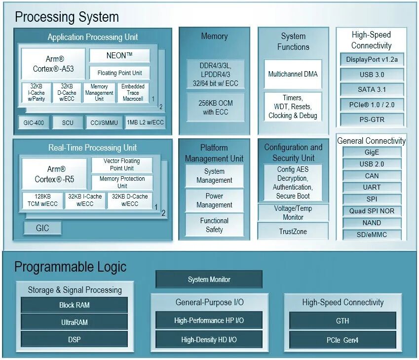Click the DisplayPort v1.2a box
click(372, 60)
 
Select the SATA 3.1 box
click(372, 89)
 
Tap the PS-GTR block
click(372, 119)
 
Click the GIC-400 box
click(34, 122)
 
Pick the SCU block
click(68, 122)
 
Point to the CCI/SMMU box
click(104, 122)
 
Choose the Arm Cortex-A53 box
click(53, 64)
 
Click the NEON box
click(119, 55)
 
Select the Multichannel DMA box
click(293, 74)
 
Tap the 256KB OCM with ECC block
click(214, 108)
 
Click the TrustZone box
click(293, 231)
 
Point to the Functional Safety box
click(214, 225)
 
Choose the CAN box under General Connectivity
click(372, 176)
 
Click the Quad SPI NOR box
click(372, 211)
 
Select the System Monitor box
click(209, 280)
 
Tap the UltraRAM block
click(74, 322)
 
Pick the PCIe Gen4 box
click(343, 340)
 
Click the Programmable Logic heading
click(71, 267)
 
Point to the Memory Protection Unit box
click(122, 182)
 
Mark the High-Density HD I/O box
click(209, 340)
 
